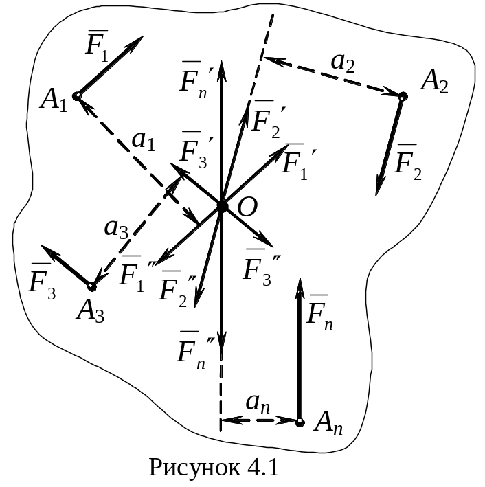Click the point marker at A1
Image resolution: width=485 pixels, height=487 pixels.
(x=77, y=96)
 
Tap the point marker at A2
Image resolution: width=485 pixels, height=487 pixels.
(x=403, y=96)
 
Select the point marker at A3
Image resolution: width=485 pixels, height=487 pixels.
(x=91, y=286)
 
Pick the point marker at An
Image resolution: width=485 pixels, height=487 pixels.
(x=300, y=422)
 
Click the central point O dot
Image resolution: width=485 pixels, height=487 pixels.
(x=221, y=206)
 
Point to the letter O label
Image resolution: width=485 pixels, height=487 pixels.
(x=247, y=207)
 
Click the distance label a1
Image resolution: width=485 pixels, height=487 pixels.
(x=143, y=141)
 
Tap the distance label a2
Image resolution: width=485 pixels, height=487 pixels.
(x=343, y=63)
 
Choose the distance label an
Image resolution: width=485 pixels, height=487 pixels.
(x=258, y=404)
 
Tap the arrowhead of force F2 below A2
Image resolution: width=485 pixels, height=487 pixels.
(x=379, y=185)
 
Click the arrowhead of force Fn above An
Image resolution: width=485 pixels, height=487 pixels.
(x=300, y=289)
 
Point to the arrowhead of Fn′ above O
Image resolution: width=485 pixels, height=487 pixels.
(x=221, y=71)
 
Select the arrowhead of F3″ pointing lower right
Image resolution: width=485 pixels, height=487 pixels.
(x=264, y=240)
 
